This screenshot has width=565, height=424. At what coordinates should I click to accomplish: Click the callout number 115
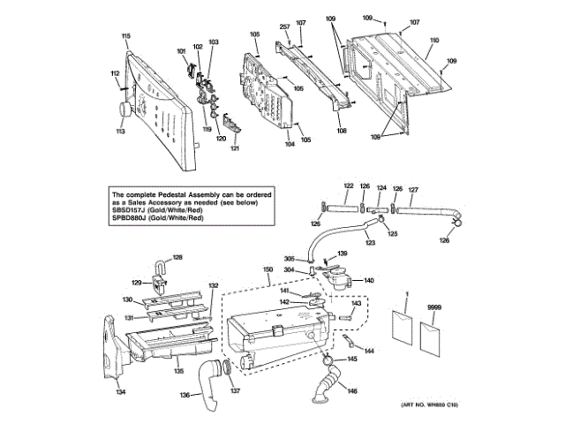coord(125,35)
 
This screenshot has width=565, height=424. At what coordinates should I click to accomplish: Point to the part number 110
coord(433,41)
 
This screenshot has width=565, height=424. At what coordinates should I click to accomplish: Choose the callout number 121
coord(236,148)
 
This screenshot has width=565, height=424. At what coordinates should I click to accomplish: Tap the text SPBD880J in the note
coord(128,217)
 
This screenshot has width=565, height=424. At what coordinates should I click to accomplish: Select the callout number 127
coord(412,190)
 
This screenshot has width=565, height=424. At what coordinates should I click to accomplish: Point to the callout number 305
coord(289,259)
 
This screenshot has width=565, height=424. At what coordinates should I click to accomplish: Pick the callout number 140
coord(369,280)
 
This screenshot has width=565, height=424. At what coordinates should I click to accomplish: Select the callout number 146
coord(352,390)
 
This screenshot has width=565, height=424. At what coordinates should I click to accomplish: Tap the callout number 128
coord(177,257)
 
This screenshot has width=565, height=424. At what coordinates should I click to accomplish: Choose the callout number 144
coord(369,351)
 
